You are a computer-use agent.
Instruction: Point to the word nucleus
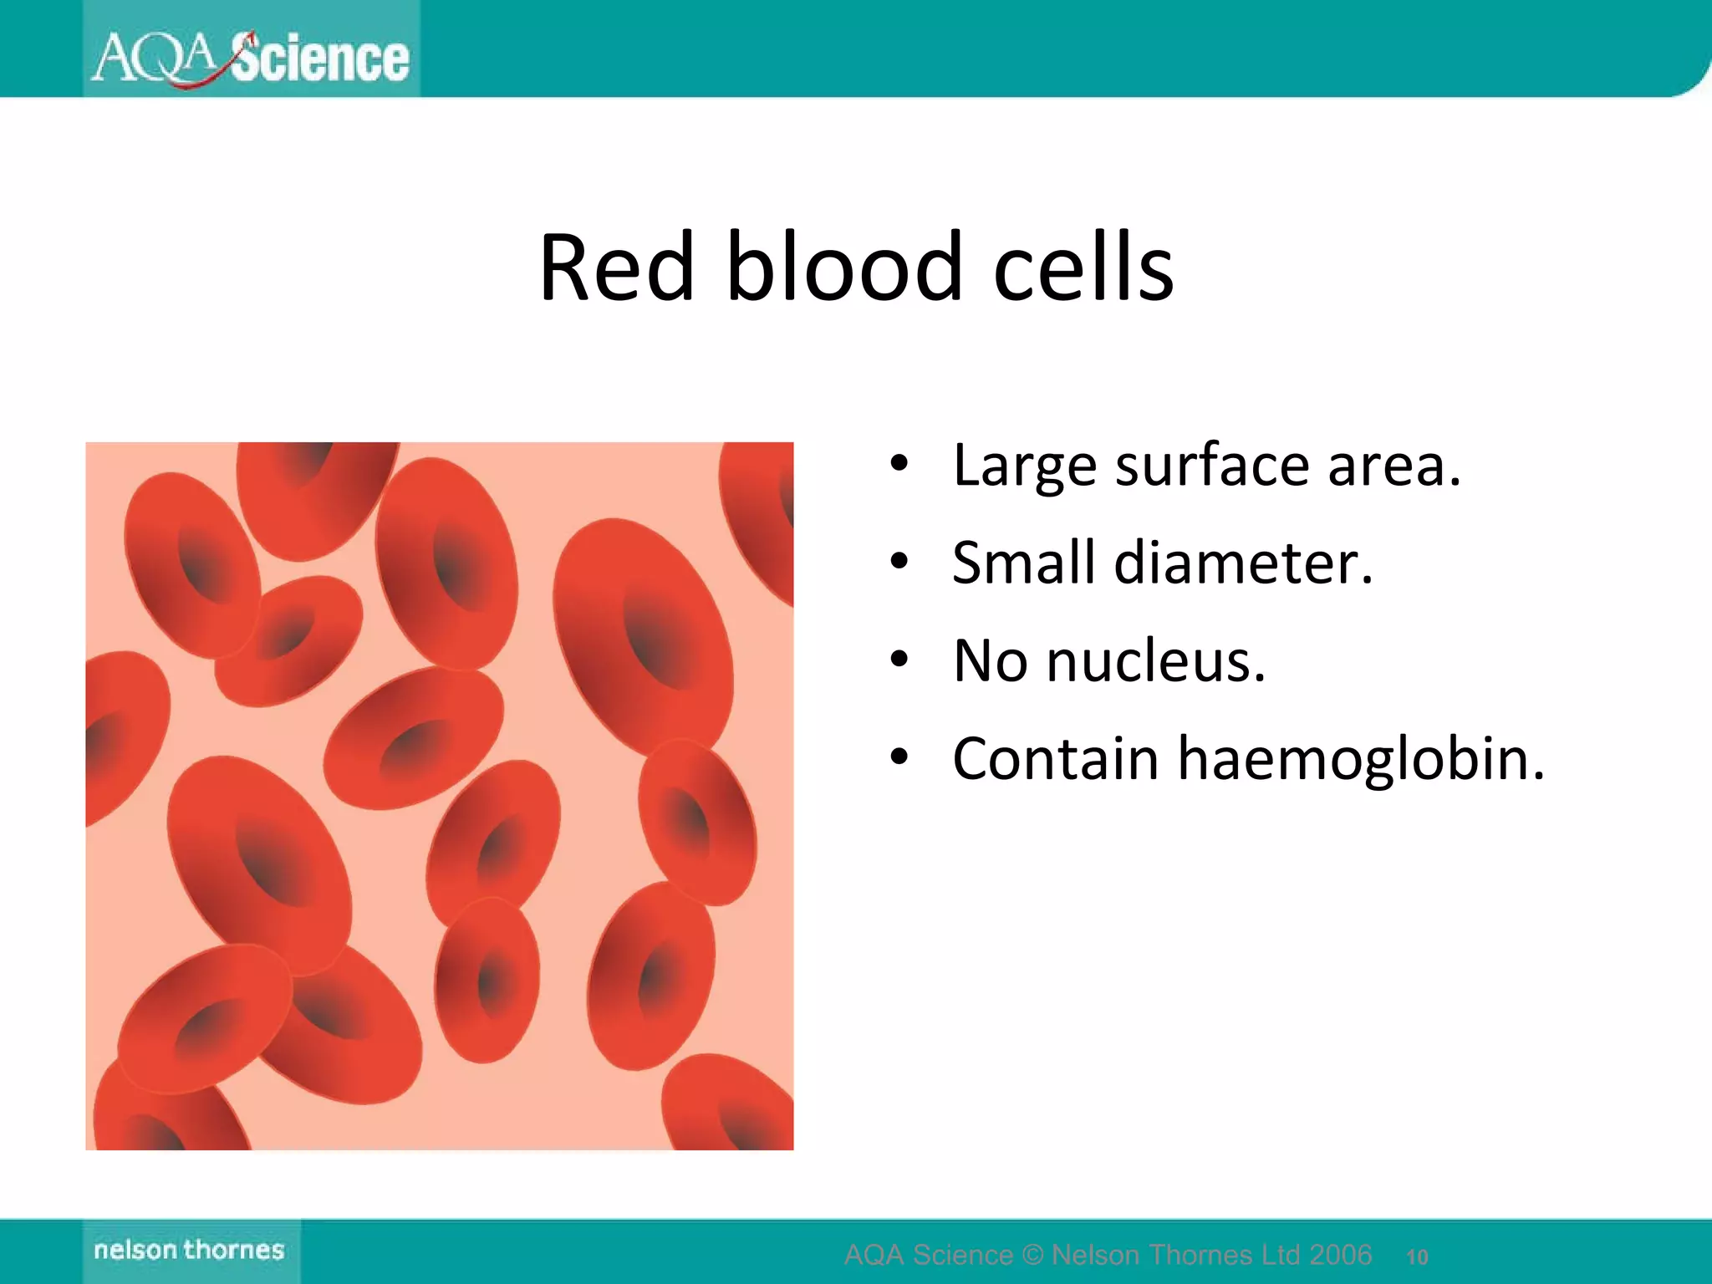pyautogui.click(x=1155, y=661)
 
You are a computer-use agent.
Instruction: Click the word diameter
pyautogui.click(x=1243, y=563)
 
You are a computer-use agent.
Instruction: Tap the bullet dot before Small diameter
pyautogui.click(x=899, y=561)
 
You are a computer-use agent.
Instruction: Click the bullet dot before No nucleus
pyautogui.click(x=899, y=660)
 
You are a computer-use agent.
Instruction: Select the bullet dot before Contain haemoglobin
pyautogui.click(x=899, y=757)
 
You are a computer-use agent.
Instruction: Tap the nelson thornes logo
pyautogui.click(x=190, y=1250)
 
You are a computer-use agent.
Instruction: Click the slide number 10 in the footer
pyautogui.click(x=1417, y=1256)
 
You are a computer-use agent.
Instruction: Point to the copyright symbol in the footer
pyautogui.click(x=1032, y=1255)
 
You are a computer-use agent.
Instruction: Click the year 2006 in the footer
pyautogui.click(x=1341, y=1255)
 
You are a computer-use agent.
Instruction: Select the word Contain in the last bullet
pyautogui.click(x=1055, y=759)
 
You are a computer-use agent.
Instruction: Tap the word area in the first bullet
pyautogui.click(x=1394, y=466)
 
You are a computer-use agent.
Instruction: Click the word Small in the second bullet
pyautogui.click(x=1023, y=563)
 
